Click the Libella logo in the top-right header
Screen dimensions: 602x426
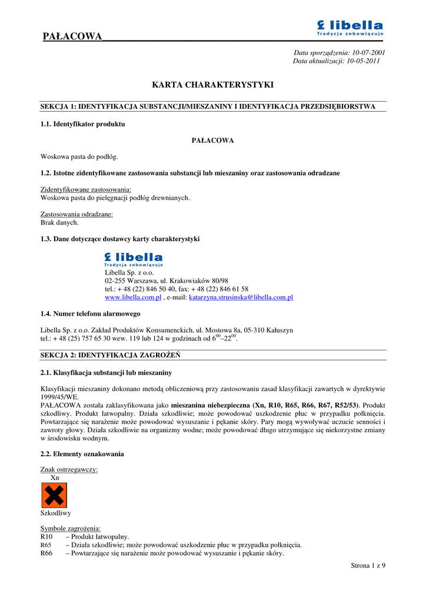350,28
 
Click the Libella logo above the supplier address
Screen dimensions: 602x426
134,259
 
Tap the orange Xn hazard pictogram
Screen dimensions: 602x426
54,496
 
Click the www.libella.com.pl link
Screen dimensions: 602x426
133,297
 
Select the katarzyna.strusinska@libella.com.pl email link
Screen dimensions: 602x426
241,297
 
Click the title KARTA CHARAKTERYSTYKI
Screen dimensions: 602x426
213,85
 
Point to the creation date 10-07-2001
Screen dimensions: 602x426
368,52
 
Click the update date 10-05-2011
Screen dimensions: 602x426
362,61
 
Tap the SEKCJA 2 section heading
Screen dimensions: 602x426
110,356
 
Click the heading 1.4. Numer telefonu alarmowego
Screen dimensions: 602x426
90,314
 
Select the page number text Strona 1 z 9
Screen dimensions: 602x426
368,566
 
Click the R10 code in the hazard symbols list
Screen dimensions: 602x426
46,537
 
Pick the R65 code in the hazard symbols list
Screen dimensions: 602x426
46,545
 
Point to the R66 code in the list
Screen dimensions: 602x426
46,553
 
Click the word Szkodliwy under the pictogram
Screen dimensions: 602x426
56,513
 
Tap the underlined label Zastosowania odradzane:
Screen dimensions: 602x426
76,215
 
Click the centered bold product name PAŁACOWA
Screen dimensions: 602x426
213,141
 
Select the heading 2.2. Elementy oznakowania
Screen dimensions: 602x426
82,454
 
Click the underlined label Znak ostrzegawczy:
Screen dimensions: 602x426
69,469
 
